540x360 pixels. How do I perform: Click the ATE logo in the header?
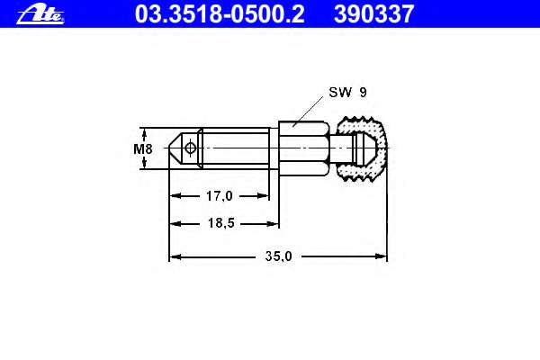(x=40, y=14)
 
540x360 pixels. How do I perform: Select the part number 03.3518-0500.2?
(x=220, y=13)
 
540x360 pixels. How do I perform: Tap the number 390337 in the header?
(x=373, y=13)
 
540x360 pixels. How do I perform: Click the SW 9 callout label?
(x=347, y=92)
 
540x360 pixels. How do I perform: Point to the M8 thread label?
(x=143, y=148)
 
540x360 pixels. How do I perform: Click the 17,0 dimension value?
(x=219, y=196)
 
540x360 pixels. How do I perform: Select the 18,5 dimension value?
(x=220, y=223)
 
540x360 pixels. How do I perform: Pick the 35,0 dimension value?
(x=278, y=256)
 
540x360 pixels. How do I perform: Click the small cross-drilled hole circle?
(x=190, y=148)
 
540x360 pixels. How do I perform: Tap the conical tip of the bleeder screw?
(x=175, y=148)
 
